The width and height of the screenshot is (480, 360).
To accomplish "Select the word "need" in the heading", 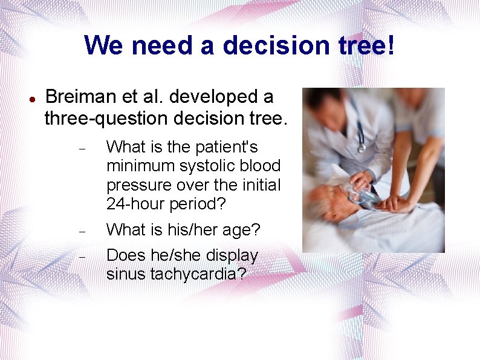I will pyautogui.click(x=154, y=45).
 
